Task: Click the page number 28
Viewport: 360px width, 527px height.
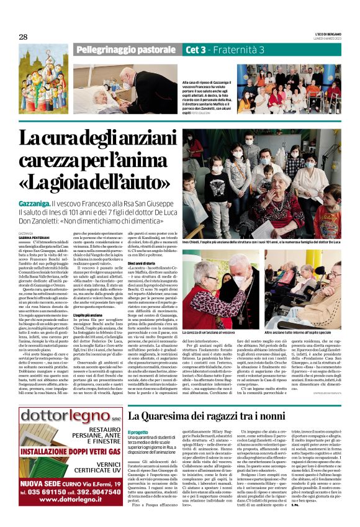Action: [24, 37]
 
